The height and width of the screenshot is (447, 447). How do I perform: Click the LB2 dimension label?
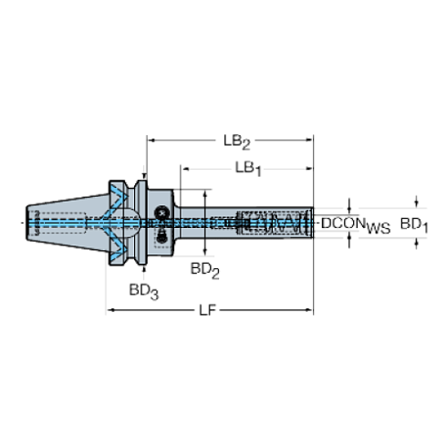pos(237,142)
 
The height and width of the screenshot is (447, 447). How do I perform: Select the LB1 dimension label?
pos(248,169)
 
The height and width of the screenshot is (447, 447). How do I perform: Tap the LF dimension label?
pos(207,310)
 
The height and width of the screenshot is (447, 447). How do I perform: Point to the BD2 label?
pos(204,270)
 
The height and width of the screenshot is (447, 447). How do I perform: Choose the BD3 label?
pos(143,291)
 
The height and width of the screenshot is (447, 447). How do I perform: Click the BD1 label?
pos(414,225)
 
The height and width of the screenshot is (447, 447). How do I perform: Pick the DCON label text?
pos(343,223)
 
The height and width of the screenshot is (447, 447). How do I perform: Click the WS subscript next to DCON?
pos(379,228)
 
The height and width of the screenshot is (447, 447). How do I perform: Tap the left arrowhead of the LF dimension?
pos(111,310)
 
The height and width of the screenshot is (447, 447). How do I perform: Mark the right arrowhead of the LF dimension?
pos(309,310)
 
